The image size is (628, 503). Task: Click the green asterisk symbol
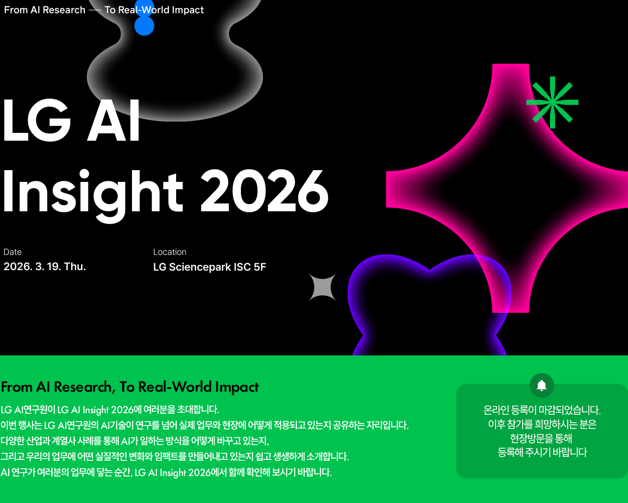[x=552, y=102]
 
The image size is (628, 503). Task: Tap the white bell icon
[x=542, y=385]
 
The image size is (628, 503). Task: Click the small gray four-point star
[x=322, y=287]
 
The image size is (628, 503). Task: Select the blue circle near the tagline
[x=144, y=25]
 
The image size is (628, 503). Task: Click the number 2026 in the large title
[x=264, y=192]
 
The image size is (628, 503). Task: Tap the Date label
[x=13, y=252]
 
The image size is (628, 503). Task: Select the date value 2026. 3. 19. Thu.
[x=45, y=267]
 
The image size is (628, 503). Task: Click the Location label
[x=170, y=252]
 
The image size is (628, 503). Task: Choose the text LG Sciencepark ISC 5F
[x=209, y=267]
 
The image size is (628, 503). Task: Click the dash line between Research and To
[x=95, y=10]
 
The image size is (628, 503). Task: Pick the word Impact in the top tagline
[x=187, y=10]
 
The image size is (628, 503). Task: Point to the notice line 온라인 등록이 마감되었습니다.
[x=542, y=410]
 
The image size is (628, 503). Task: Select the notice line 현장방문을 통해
[x=541, y=438]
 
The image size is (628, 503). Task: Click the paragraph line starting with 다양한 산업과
[x=135, y=441]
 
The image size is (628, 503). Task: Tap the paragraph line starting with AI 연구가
[x=166, y=473]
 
